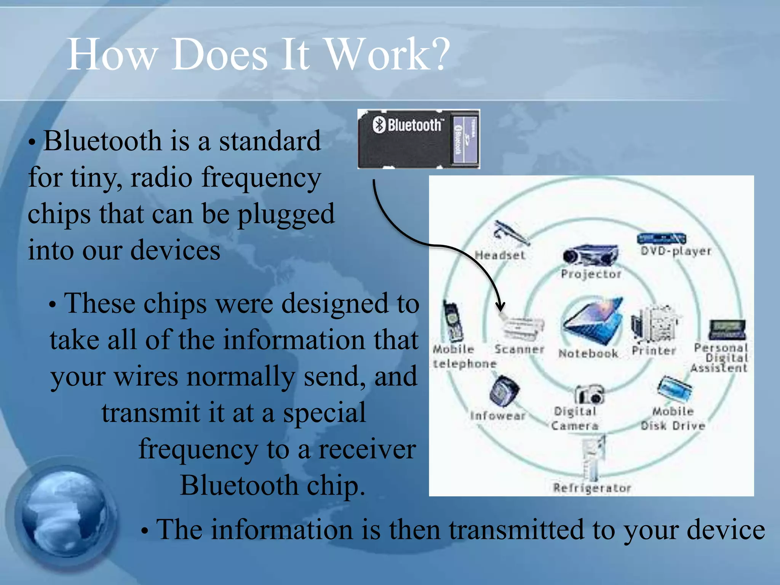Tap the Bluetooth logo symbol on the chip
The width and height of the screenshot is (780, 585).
click(x=379, y=125)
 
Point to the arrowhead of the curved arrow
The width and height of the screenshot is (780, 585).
click(x=500, y=307)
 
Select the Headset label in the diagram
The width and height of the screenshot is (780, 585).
click(x=500, y=255)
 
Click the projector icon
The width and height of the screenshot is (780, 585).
click(x=590, y=255)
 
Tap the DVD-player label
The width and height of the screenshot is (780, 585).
click(x=676, y=251)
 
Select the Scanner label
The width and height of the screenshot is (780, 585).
click(x=519, y=349)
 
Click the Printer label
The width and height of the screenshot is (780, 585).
click(x=654, y=350)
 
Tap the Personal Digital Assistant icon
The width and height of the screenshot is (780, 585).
click(x=727, y=329)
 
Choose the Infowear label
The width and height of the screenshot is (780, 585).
click(x=498, y=416)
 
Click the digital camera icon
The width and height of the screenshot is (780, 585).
click(x=589, y=394)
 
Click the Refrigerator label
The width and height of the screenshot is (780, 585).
click(x=592, y=488)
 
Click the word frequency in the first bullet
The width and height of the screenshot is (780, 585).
click(x=261, y=178)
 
